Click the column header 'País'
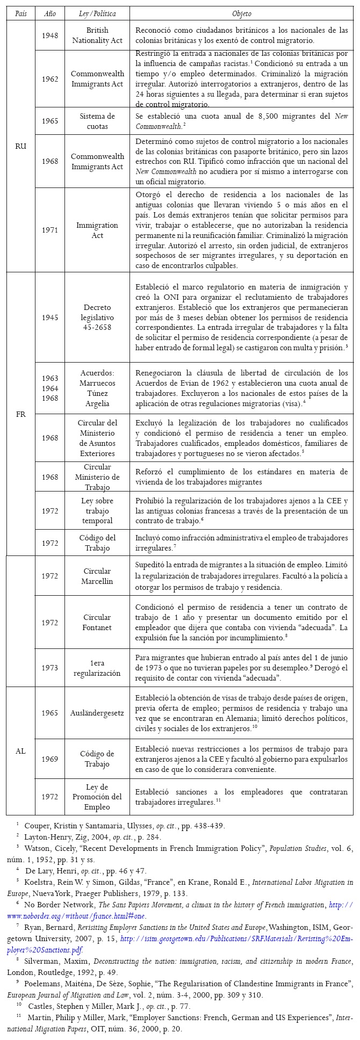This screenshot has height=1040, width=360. [21, 13]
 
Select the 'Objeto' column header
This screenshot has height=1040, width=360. [241, 13]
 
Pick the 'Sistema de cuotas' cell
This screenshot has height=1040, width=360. [97, 121]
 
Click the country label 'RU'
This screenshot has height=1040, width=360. [21, 146]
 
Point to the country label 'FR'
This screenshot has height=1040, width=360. [21, 414]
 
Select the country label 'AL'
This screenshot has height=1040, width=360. [21, 751]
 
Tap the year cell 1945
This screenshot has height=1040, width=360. [50, 317]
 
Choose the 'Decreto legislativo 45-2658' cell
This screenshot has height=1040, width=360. [97, 317]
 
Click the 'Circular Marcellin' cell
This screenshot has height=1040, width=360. [97, 576]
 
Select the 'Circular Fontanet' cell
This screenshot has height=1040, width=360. [97, 622]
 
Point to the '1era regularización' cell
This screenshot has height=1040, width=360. [97, 668]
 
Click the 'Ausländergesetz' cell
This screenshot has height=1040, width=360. [97, 713]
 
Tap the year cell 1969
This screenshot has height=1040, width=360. [50, 759]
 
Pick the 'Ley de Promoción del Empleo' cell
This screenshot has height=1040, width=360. [97, 797]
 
